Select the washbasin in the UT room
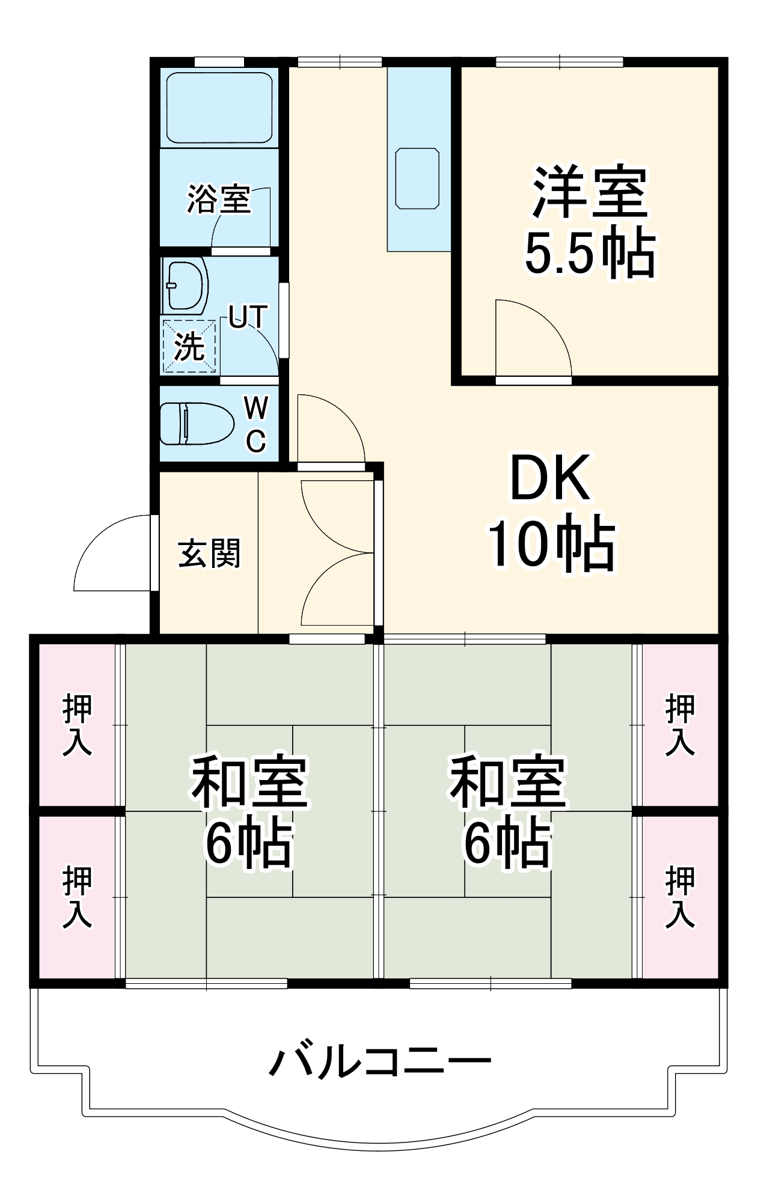(185, 285)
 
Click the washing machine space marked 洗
(189, 346)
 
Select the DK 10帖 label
(550, 511)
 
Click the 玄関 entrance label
(209, 553)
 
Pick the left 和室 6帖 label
(249, 812)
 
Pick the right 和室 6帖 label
(508, 812)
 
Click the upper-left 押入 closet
(78, 724)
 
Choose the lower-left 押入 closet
(78, 897)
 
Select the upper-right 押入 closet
(680, 724)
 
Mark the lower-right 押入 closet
(680, 897)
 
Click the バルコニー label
(379, 1062)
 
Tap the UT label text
(248, 317)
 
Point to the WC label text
(256, 425)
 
